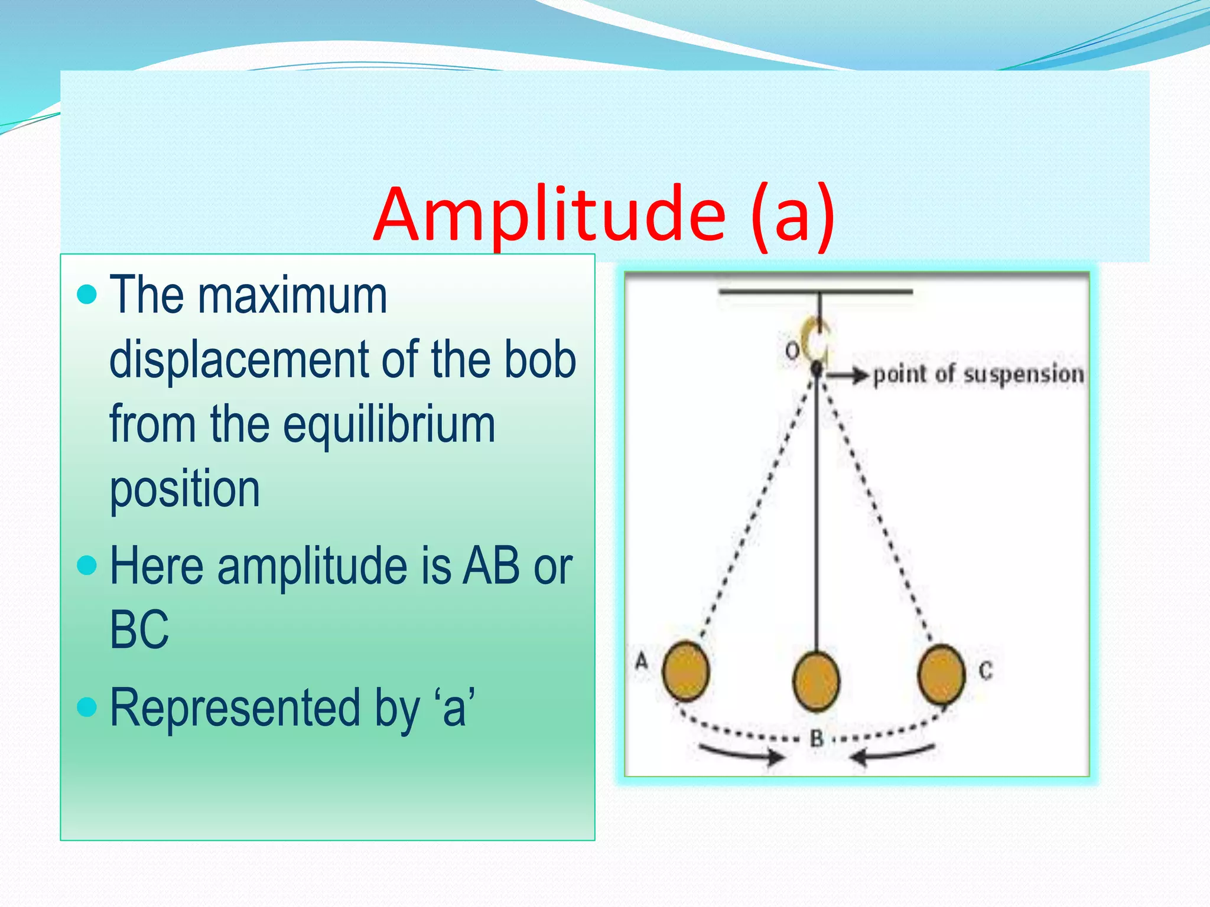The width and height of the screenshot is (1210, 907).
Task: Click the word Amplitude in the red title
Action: click(549, 214)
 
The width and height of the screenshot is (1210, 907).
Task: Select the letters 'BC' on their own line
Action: click(139, 630)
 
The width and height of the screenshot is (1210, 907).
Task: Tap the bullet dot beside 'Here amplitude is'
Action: click(87, 565)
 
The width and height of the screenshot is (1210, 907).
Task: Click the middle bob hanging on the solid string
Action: click(816, 681)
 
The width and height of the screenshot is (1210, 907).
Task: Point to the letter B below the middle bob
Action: click(817, 738)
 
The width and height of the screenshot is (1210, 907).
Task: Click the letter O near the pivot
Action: click(792, 351)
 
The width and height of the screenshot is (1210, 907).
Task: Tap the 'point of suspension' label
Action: click(978, 374)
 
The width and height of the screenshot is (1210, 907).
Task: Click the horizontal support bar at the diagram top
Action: click(815, 291)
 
